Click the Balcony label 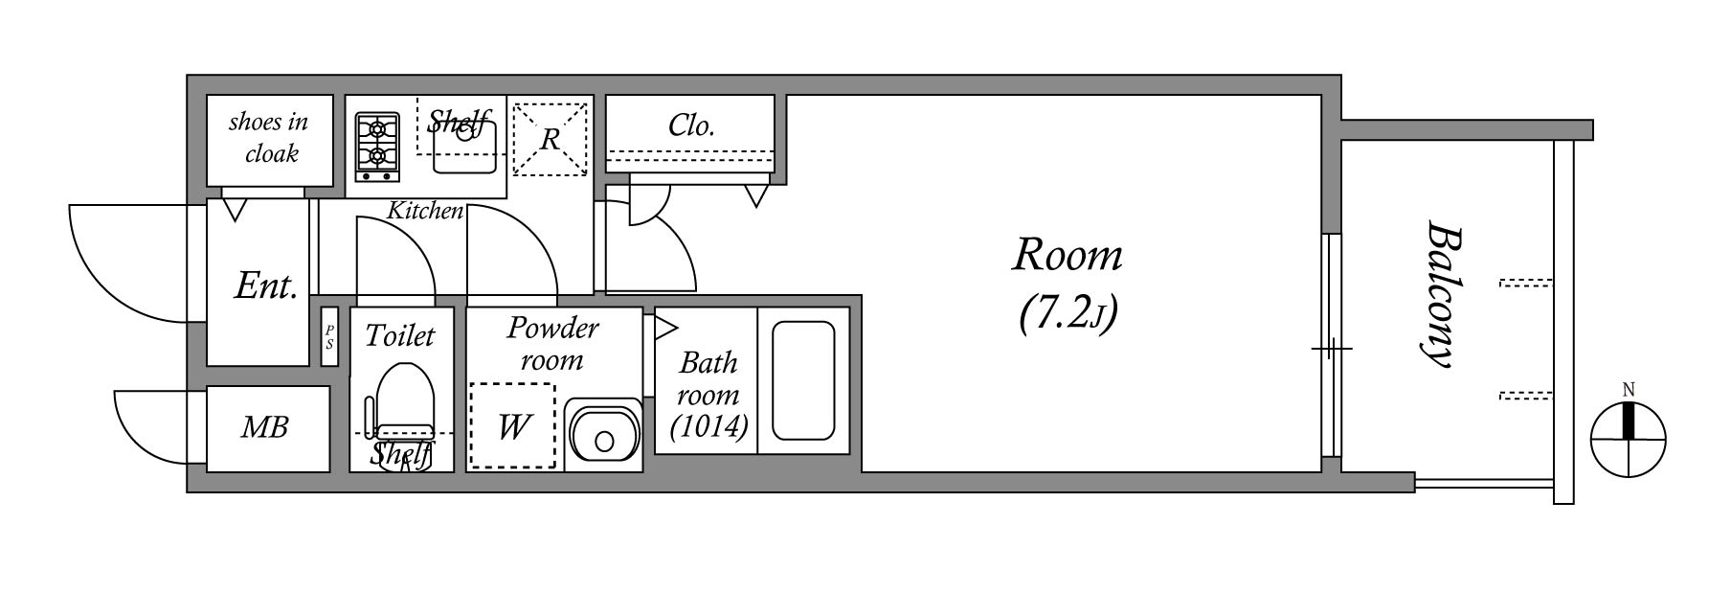(x=1440, y=294)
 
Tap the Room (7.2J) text (x=1068, y=283)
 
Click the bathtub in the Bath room (x=802, y=380)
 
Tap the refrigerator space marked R (x=550, y=140)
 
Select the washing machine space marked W (x=512, y=425)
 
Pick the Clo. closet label (x=690, y=125)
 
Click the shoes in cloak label (x=270, y=137)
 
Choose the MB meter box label (x=264, y=427)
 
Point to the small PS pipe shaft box (x=329, y=337)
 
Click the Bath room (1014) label (x=708, y=394)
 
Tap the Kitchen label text (x=425, y=211)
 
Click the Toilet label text (x=399, y=335)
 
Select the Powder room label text (x=552, y=343)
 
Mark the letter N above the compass (x=1629, y=389)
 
